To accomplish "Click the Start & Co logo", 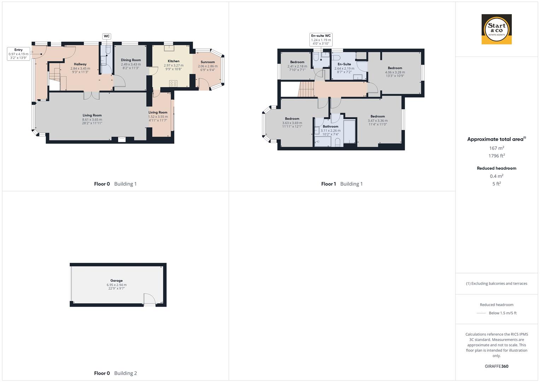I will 497,29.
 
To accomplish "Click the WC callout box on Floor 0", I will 106,36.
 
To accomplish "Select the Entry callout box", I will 18,54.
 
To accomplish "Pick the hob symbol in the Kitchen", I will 173,83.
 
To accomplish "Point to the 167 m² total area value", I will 497,148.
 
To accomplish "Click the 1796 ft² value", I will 497,156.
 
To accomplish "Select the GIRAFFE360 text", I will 497,366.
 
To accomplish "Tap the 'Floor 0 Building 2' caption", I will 115,373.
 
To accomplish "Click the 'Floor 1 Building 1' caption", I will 342,184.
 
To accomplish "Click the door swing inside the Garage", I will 150,299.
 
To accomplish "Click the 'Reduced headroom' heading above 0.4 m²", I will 497,168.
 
